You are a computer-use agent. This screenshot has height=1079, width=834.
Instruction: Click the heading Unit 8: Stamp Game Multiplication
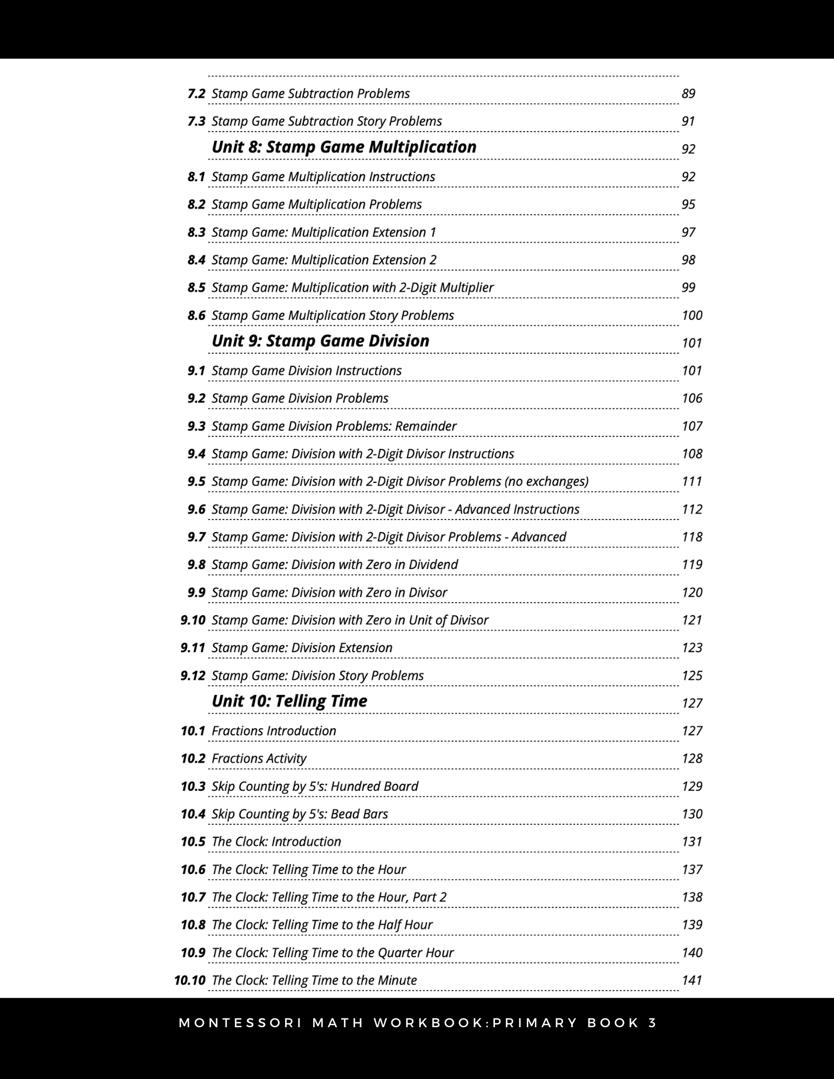(x=344, y=147)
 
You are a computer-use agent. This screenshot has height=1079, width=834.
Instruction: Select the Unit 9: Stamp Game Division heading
(x=320, y=341)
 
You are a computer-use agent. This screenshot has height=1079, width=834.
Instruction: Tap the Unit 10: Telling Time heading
(x=289, y=701)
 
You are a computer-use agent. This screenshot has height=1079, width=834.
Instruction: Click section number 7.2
(x=196, y=94)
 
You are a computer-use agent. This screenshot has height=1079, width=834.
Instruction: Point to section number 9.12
(x=193, y=675)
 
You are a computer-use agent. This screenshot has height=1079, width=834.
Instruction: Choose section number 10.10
(x=189, y=980)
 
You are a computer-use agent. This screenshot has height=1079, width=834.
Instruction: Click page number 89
(x=688, y=94)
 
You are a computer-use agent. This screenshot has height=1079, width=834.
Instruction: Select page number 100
(x=692, y=316)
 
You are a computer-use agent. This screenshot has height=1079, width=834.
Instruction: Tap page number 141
(x=692, y=980)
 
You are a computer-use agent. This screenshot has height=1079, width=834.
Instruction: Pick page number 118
(x=692, y=537)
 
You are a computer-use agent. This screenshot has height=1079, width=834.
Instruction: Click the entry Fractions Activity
(x=259, y=759)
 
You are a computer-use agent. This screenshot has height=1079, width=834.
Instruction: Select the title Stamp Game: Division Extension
(x=302, y=648)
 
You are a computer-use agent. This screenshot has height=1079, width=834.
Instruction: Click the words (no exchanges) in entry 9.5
(x=546, y=482)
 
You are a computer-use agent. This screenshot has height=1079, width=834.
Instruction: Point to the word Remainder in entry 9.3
(x=425, y=426)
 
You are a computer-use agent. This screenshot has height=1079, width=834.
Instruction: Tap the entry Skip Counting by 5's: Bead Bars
(x=300, y=814)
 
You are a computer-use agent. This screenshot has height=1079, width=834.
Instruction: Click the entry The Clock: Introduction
(x=276, y=842)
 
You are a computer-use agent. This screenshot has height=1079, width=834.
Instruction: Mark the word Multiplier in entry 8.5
(x=466, y=288)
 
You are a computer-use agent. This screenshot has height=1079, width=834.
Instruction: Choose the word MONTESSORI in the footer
(x=240, y=1023)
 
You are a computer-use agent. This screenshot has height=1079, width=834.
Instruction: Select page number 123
(x=692, y=648)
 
